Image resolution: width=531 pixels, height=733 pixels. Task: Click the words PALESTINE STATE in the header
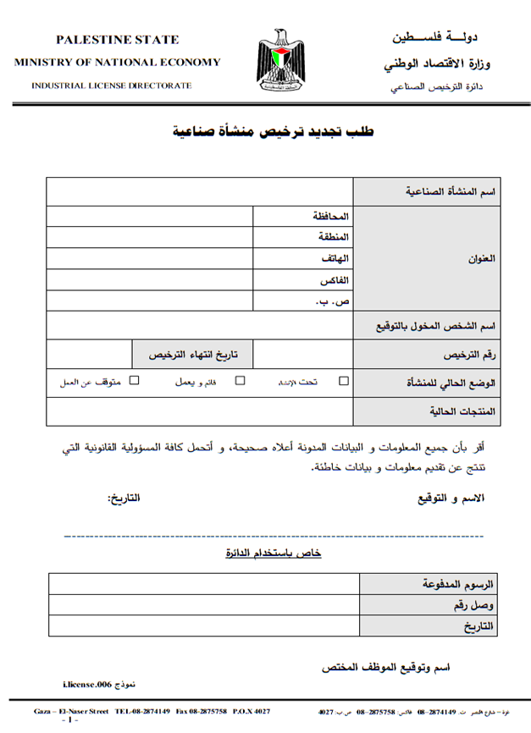118,40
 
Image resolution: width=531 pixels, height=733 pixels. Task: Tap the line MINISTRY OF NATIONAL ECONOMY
118,62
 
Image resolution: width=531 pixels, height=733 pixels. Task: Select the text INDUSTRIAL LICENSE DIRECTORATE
112,85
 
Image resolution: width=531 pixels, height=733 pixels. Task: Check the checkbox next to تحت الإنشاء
343,381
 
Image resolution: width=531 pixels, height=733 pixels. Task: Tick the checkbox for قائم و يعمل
240,381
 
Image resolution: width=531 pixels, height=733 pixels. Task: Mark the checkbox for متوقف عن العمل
134,381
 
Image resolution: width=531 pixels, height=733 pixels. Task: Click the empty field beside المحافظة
149,216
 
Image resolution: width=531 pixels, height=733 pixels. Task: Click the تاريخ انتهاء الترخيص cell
194,354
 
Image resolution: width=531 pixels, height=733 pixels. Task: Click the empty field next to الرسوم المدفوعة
203,584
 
